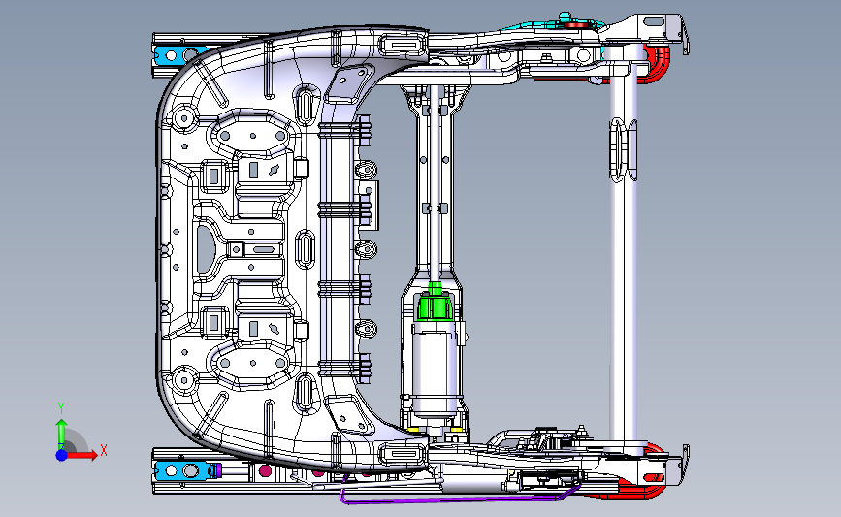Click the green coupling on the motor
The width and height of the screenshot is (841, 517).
[436, 306]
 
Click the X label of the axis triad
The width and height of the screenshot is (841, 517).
[104, 449]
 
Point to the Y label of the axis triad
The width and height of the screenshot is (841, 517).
[60, 407]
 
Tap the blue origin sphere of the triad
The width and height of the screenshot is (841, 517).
[61, 454]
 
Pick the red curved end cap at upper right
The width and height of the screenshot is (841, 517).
[659, 64]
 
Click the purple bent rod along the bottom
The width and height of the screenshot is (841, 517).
[446, 501]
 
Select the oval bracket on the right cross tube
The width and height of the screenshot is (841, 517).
[621, 150]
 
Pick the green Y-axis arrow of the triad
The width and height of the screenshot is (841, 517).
[60, 431]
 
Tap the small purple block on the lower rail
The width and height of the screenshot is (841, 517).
[216, 471]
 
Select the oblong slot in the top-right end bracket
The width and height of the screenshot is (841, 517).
[660, 22]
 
